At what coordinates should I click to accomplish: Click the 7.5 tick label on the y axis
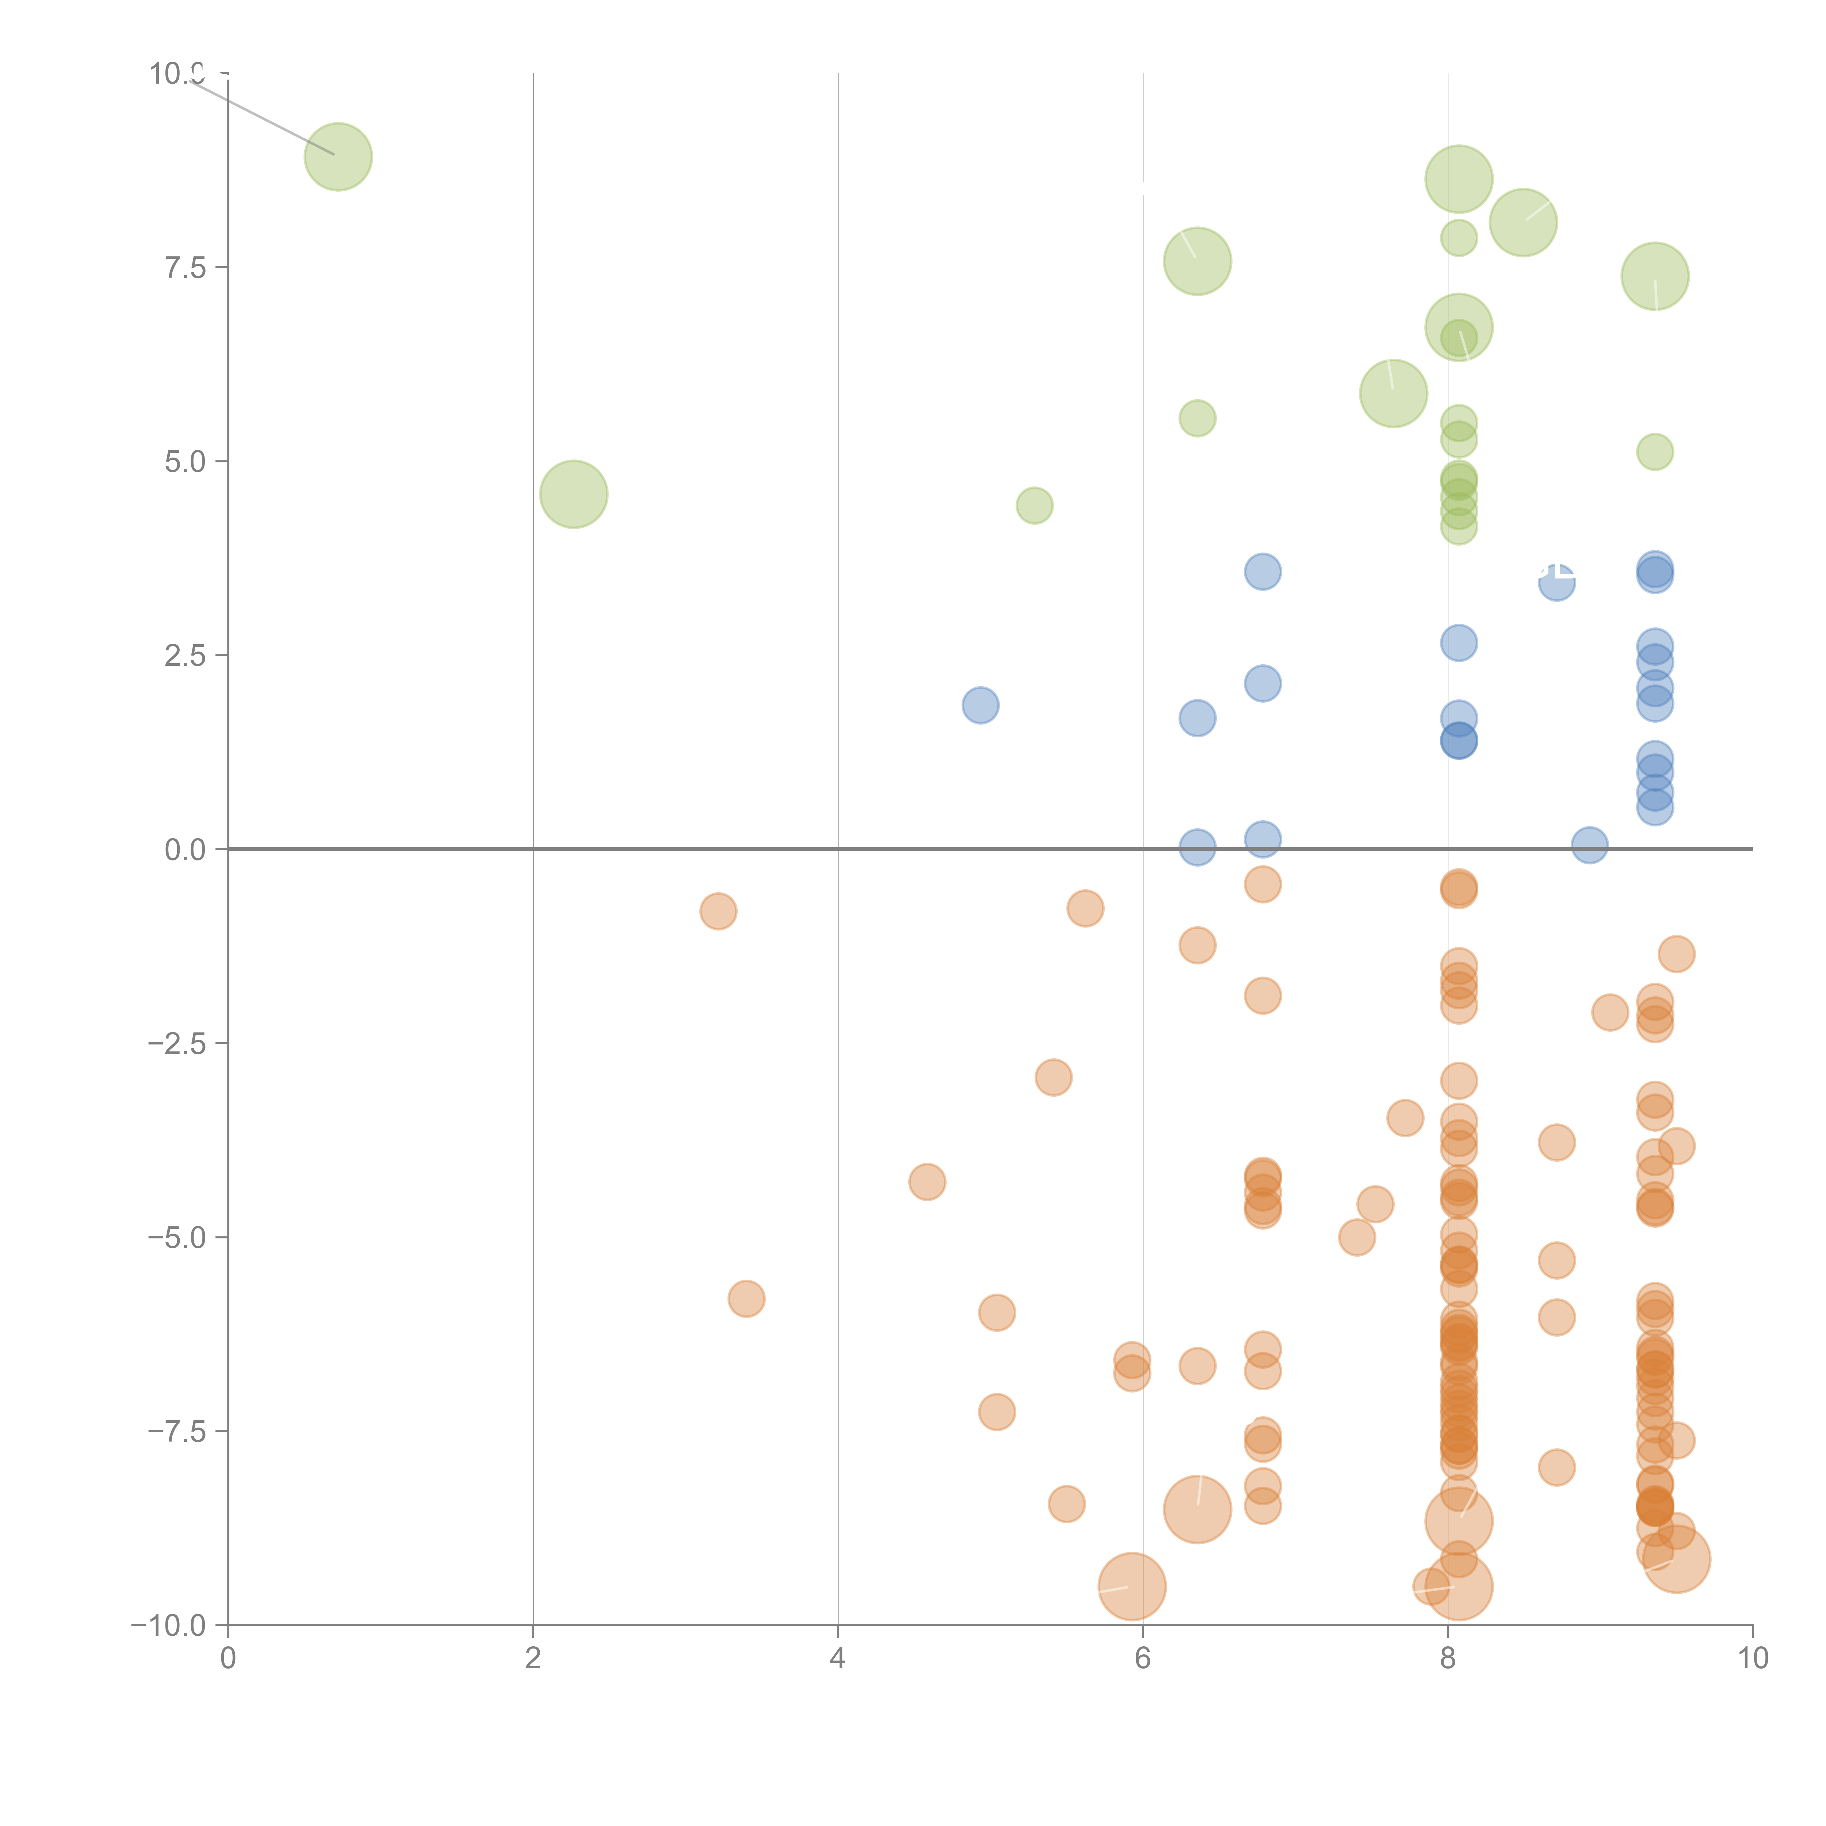coord(185,267)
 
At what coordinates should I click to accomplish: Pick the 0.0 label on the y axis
coord(185,850)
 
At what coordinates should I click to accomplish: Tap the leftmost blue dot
coord(980,705)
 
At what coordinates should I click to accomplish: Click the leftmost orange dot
coord(718,911)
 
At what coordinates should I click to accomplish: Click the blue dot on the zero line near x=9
coord(1590,845)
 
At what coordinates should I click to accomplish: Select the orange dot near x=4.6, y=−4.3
coord(927,1181)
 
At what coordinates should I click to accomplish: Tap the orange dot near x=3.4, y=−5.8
coord(747,1299)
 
